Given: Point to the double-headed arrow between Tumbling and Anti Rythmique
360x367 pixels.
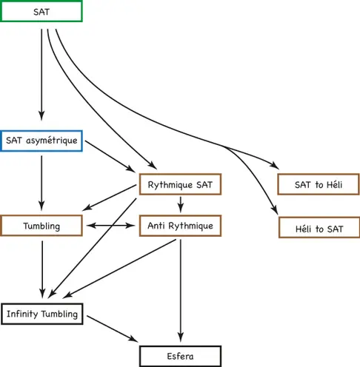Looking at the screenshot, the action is click(111, 226).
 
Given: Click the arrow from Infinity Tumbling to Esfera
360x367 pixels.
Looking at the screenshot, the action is click(113, 329).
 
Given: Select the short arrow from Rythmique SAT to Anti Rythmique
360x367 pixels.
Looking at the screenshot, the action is click(181, 204).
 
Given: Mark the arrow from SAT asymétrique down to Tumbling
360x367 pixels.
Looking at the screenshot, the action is click(41, 183).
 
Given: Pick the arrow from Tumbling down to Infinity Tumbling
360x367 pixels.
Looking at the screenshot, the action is click(42, 269).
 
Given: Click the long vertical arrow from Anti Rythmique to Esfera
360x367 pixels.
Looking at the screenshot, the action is click(181, 290).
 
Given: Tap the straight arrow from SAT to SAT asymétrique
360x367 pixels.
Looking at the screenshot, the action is click(41, 75).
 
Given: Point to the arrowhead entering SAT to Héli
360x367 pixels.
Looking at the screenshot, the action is click(275, 165).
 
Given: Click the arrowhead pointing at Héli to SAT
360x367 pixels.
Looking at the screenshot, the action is click(275, 210).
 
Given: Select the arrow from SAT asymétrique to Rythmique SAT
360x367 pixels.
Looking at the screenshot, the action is click(110, 156).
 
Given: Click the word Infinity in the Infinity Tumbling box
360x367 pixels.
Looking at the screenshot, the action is click(22, 314).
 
